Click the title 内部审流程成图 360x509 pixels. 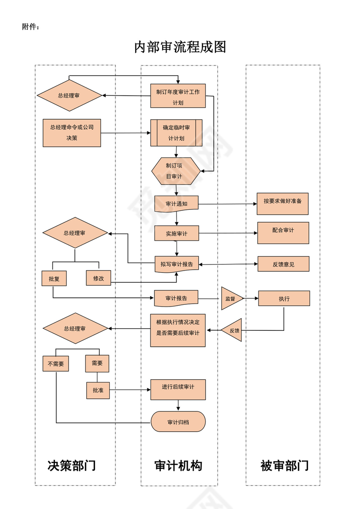coord(180,47)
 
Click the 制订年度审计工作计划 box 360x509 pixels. coord(178,96)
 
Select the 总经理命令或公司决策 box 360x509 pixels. coord(72,133)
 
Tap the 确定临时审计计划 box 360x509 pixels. coord(177,133)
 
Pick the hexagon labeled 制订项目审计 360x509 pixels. coord(176,171)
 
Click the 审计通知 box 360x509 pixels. coord(177,203)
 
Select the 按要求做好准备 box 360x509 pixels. coord(282,203)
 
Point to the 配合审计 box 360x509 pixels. coord(283,233)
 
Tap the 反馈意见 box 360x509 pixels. coord(283,264)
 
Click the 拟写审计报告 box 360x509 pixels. coord(177,264)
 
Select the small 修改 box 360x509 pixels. coord(98,278)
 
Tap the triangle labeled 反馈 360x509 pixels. coord(233,330)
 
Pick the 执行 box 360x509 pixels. coord(284,299)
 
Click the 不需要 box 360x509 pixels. coord(56,364)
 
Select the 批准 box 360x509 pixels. coord(98,390)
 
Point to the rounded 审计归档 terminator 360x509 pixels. coord(178,421)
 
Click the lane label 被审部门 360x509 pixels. coord(284,466)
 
